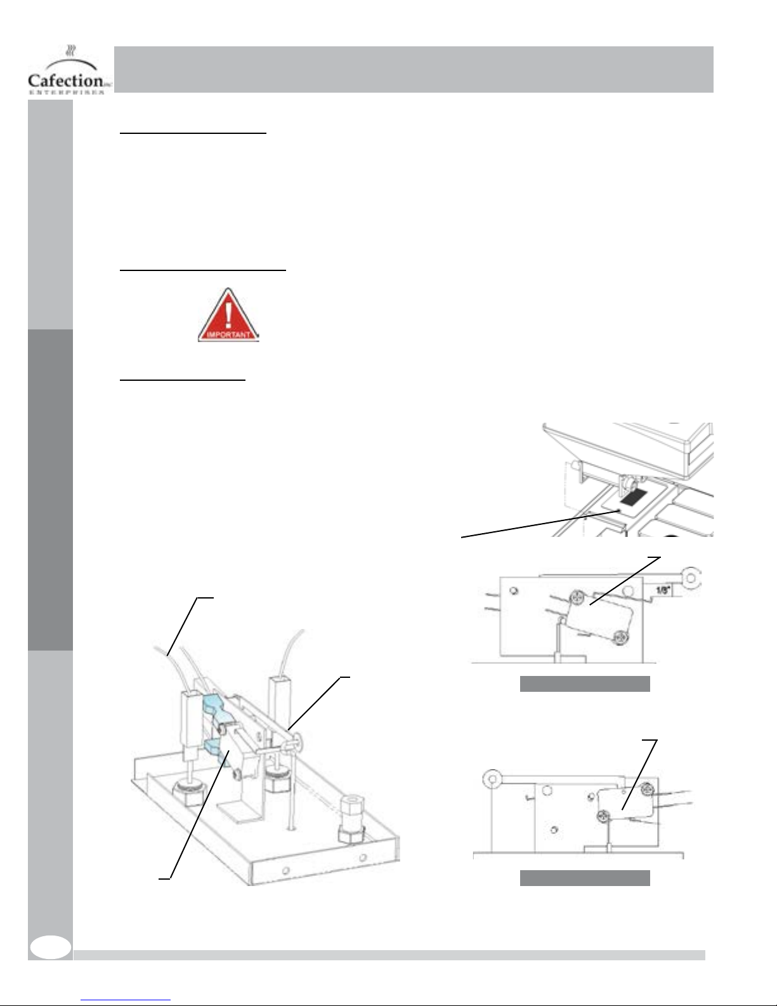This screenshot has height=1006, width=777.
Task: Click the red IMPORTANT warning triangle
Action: (228, 316)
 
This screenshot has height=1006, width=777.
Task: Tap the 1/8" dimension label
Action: (663, 590)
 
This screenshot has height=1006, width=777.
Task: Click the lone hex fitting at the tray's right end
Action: (352, 821)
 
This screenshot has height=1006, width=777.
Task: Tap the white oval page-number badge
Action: (50, 947)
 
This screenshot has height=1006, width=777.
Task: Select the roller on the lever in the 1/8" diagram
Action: (691, 578)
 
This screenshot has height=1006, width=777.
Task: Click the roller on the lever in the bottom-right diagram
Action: (492, 779)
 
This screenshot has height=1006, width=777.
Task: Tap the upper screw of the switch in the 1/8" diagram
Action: (577, 597)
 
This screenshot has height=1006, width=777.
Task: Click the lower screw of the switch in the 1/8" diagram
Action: (619, 639)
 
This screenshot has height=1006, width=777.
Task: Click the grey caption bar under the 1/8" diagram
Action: (585, 684)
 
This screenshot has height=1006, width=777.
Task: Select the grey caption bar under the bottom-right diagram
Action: (585, 878)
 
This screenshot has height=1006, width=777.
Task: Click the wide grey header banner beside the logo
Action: (414, 69)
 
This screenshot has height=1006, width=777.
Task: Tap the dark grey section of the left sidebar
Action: (50, 490)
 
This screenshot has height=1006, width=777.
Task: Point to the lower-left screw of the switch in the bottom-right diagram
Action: (604, 817)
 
